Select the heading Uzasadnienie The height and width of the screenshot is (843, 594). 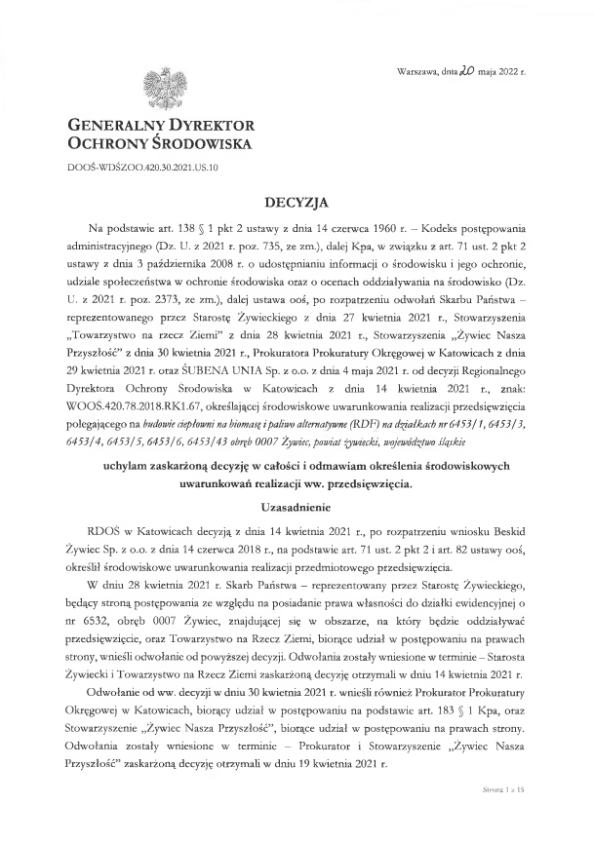click(x=297, y=508)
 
